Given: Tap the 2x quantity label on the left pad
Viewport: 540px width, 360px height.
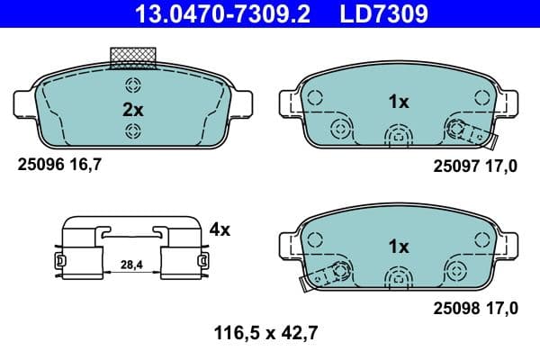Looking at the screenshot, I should point(133,110).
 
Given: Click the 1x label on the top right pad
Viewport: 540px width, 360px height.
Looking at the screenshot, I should point(398,103).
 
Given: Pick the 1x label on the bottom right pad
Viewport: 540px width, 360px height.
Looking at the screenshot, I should point(398,246).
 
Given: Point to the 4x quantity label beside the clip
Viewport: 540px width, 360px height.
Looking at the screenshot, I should point(219,229).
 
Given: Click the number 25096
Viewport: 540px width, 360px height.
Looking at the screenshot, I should point(38,165).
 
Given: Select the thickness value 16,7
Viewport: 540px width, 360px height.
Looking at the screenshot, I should point(81,165).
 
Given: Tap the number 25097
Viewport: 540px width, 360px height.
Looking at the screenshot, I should point(454,166).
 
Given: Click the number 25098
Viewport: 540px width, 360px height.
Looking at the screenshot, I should point(454,309).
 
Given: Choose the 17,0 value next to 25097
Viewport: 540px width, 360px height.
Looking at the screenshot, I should point(500,166).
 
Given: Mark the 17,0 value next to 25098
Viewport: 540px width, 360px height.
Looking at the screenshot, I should point(500,309).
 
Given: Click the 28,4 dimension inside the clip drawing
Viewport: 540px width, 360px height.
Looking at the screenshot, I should point(130,264).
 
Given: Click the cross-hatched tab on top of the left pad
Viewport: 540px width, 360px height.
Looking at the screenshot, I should point(132,58).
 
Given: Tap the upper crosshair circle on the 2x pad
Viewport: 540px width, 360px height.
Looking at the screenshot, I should point(133,86).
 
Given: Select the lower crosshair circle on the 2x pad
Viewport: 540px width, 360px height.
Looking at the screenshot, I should point(133,132).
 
